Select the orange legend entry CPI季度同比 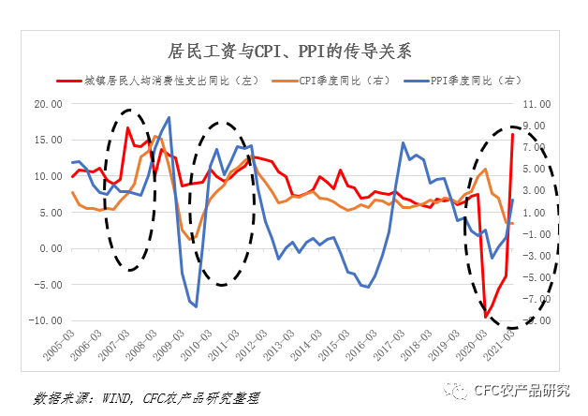338,82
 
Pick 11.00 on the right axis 541,104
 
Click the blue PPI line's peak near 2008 169,118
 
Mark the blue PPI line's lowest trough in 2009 195,306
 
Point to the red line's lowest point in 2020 486,318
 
